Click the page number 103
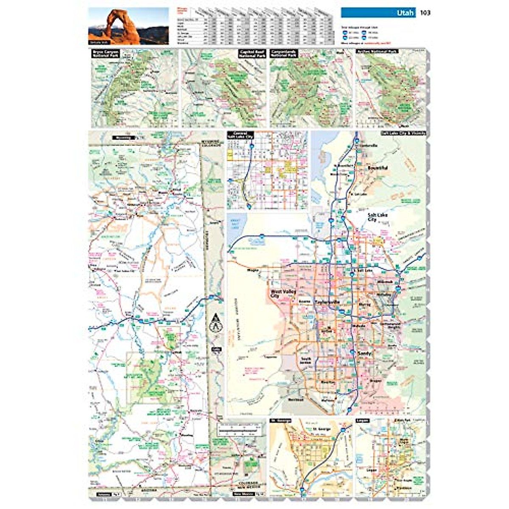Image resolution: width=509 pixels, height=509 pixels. (x=425, y=13)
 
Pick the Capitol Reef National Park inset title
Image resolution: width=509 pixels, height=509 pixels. (x=252, y=54)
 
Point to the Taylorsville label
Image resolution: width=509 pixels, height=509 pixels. (x=327, y=302)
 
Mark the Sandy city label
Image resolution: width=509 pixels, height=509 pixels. (x=365, y=353)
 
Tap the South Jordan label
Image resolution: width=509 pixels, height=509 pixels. (x=306, y=361)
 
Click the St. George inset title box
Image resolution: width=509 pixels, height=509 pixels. (x=280, y=421)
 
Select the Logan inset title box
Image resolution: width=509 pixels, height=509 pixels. (x=363, y=421)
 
